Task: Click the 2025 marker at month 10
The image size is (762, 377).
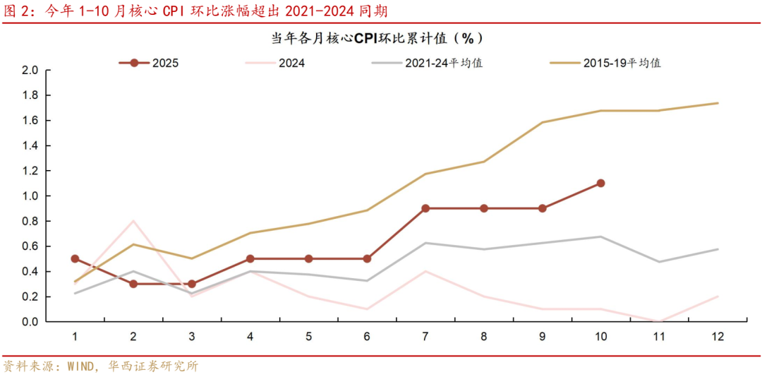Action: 600,183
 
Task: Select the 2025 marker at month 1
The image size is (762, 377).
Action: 75,259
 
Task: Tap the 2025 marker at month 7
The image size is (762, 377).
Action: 425,208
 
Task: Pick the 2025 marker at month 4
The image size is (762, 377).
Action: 250,259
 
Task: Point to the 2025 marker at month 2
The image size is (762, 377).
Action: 133,284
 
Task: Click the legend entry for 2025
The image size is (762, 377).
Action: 149,63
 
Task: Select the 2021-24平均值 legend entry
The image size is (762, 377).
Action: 427,63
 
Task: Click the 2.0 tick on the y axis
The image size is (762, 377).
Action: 30,71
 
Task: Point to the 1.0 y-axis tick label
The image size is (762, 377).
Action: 30,196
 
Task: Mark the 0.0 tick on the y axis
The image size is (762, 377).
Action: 30,322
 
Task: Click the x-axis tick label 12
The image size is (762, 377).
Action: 718,337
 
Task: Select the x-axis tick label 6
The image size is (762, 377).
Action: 367,337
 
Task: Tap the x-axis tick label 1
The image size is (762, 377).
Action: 75,337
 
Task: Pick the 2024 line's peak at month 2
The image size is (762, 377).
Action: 133,221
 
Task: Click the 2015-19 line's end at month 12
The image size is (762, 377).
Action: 718,103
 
